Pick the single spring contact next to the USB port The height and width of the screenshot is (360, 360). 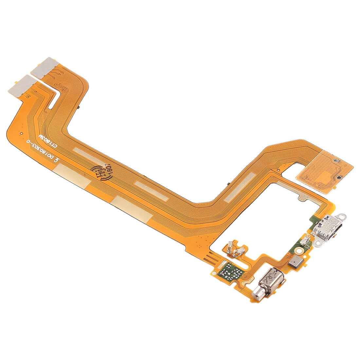click(x=306, y=240)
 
